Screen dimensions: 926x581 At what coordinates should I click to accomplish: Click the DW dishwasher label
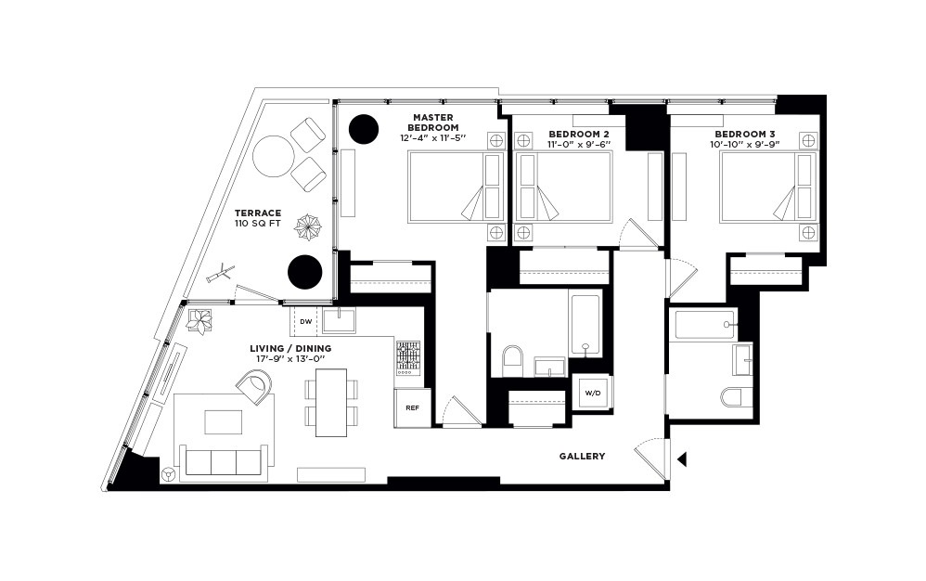click(x=305, y=322)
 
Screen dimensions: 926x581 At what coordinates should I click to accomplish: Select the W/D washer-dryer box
click(x=591, y=393)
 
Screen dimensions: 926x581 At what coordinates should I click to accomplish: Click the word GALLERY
click(x=582, y=456)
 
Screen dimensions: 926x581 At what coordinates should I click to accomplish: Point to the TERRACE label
click(x=258, y=213)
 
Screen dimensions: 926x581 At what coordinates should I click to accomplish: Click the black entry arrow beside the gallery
click(x=682, y=458)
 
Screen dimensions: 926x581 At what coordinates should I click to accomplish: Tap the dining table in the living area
click(x=331, y=403)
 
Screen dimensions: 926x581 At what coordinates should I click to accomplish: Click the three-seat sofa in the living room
click(x=223, y=461)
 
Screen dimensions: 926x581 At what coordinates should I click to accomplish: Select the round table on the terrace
click(x=274, y=157)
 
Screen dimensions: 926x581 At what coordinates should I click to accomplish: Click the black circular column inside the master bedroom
click(x=362, y=129)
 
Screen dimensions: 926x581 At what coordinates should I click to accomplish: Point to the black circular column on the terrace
click(x=305, y=271)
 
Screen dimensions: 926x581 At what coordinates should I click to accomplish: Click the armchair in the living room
click(x=255, y=385)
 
